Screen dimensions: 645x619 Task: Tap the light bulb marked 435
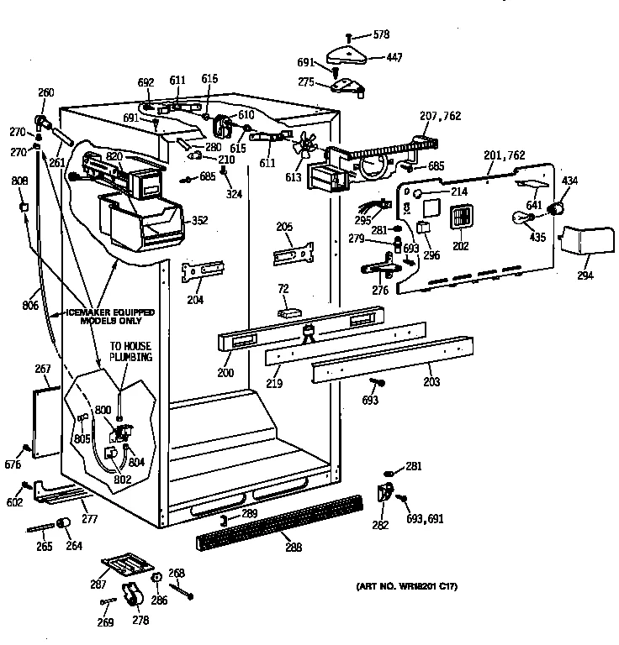click(519, 220)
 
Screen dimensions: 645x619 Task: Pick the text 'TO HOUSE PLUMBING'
click(130, 350)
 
